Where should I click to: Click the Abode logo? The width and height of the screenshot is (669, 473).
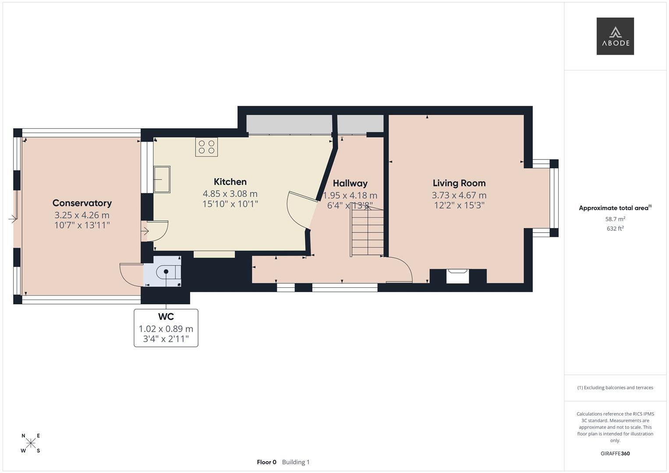tap(615, 36)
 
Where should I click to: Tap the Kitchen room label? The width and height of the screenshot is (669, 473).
tap(230, 182)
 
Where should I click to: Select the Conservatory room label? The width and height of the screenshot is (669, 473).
tap(82, 203)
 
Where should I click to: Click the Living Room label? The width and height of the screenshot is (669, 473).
tap(459, 183)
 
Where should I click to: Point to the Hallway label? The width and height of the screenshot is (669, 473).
tap(350, 184)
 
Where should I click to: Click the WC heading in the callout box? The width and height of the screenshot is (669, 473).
tap(166, 317)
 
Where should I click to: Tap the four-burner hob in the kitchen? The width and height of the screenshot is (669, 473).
tap(206, 147)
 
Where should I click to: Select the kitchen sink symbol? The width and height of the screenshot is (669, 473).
tap(162, 179)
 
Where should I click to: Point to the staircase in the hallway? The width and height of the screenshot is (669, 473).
tap(367, 233)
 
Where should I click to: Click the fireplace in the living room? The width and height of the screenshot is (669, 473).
tap(458, 276)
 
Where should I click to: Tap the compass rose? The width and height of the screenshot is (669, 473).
tap(31, 443)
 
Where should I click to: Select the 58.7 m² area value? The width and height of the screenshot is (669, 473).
tap(615, 219)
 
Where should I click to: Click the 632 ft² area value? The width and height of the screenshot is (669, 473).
tap(615, 229)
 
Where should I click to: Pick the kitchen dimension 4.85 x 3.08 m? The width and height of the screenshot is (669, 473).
tap(230, 194)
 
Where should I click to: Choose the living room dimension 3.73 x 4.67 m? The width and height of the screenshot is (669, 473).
tap(459, 195)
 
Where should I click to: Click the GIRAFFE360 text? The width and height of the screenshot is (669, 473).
tap(615, 453)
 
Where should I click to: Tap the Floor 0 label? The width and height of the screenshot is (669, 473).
tap(266, 462)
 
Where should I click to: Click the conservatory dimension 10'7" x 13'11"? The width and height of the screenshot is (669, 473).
tap(82, 225)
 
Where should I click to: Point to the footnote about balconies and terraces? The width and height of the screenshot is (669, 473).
tap(615, 388)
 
